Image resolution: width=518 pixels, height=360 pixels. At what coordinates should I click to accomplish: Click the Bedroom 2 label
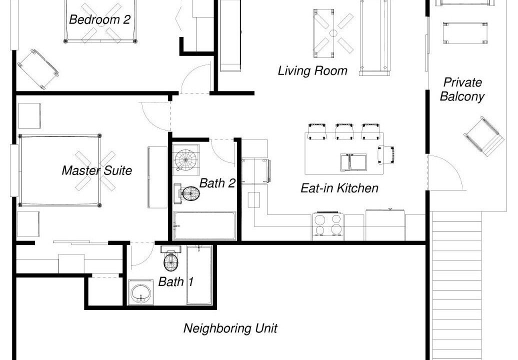(100, 19)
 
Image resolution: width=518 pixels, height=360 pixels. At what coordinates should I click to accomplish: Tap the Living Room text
(312, 70)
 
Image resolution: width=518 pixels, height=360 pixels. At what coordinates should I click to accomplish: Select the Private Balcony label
(462, 89)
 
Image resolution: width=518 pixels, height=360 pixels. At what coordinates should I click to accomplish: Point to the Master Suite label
(97, 170)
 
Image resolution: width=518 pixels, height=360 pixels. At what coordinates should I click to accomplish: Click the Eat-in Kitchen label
(339, 188)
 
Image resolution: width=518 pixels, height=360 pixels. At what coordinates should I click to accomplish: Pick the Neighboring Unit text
(230, 328)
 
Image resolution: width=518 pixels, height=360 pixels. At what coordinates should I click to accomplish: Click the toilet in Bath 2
(187, 193)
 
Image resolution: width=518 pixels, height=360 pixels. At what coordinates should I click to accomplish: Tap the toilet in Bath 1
(171, 257)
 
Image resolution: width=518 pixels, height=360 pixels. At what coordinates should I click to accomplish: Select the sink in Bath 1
(140, 292)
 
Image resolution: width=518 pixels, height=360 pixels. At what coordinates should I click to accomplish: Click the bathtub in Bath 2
(205, 226)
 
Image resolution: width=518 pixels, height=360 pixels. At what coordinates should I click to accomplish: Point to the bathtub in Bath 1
(199, 275)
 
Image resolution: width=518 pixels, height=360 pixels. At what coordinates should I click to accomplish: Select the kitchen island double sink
(353, 162)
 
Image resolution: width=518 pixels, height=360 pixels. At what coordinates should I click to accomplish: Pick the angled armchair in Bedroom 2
(38, 69)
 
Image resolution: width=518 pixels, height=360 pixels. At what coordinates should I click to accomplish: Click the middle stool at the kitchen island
(344, 132)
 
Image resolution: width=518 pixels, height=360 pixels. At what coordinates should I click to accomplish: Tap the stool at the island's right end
(386, 155)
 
